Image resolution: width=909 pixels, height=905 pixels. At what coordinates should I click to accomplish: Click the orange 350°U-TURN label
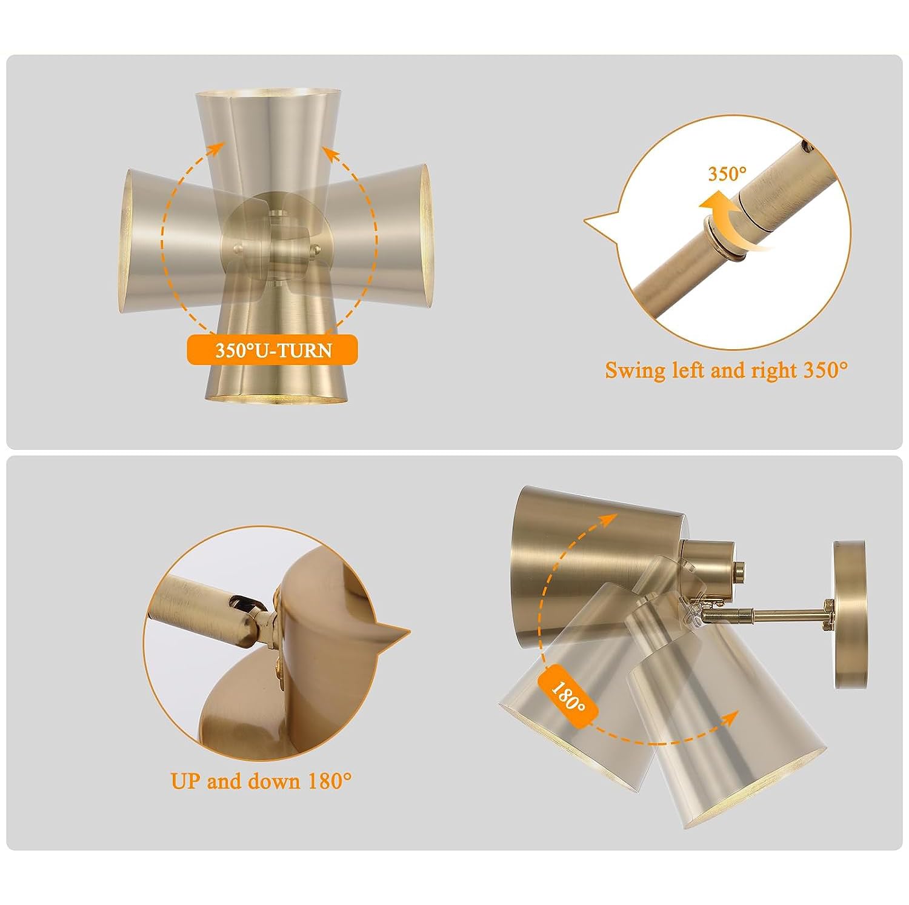272,350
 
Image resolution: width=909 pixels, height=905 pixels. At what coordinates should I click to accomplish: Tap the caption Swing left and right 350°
726,369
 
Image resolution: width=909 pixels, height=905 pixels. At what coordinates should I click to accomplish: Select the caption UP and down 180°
261,781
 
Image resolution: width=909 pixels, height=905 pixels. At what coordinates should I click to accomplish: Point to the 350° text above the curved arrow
728,174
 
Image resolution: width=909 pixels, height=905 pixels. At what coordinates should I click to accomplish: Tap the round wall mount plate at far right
848,614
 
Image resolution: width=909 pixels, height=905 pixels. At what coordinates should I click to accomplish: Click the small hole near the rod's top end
805,145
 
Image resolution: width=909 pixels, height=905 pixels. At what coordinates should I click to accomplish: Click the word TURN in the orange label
304,350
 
